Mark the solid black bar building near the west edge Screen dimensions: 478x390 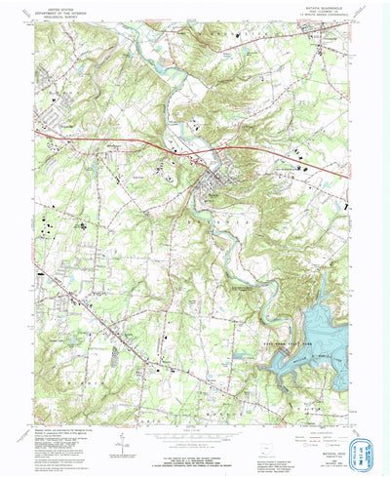click(x=39, y=274)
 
